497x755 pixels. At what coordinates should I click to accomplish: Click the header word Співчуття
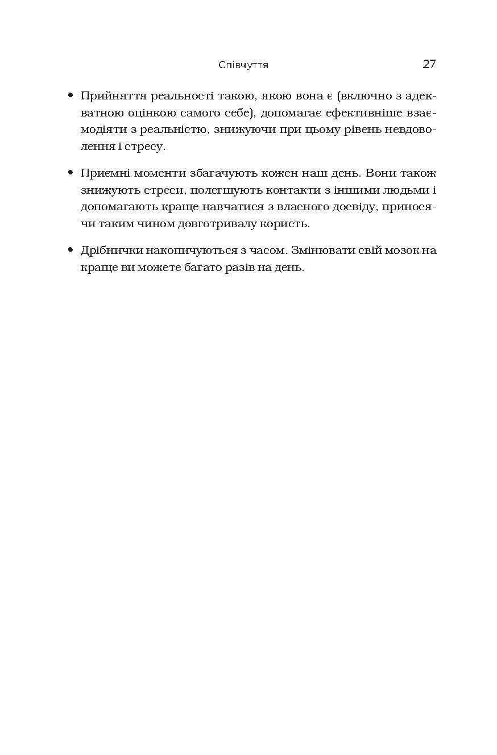pos(243,65)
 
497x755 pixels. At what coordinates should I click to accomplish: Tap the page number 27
pos(429,64)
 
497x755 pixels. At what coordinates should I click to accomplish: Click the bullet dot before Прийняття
pos(71,95)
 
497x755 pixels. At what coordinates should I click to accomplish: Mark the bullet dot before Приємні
pos(71,172)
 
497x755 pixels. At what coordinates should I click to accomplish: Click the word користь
pos(288,224)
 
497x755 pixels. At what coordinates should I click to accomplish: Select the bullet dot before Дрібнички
pos(71,249)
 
